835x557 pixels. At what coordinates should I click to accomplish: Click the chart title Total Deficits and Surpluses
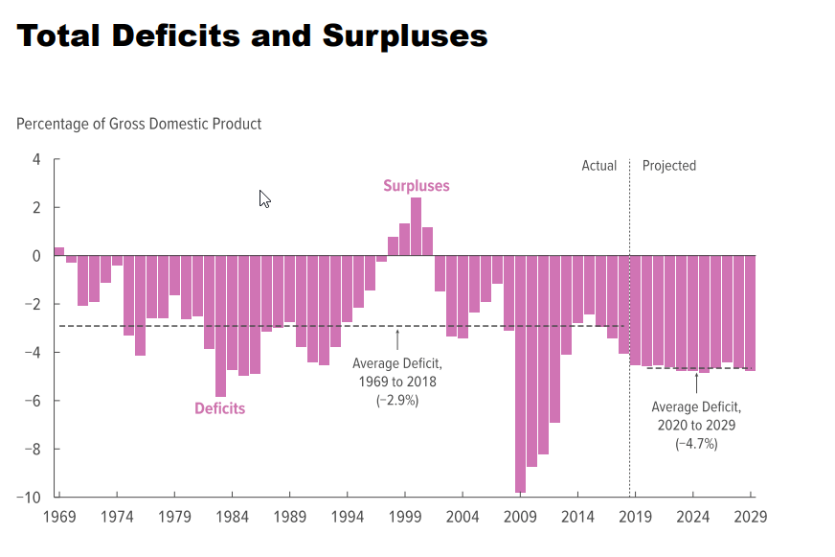(253, 36)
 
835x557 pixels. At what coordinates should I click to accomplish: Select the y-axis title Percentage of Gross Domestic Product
(139, 124)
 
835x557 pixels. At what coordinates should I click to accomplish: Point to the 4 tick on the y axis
(35, 159)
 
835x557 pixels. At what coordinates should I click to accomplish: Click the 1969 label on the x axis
(58, 517)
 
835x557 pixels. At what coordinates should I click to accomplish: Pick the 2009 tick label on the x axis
(520, 517)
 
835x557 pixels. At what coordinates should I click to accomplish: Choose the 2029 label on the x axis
(750, 517)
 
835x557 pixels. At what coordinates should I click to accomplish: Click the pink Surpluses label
(416, 186)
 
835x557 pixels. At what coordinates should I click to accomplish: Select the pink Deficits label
(219, 408)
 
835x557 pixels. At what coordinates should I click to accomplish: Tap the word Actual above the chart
(599, 166)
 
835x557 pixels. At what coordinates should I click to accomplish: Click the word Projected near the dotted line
(668, 166)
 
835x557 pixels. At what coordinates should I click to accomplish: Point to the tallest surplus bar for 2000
(416, 226)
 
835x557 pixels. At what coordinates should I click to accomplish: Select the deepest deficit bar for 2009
(520, 374)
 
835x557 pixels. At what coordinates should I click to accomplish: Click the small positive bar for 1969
(59, 251)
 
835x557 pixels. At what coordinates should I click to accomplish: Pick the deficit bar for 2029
(750, 313)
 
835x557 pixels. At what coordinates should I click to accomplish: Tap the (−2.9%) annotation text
(397, 400)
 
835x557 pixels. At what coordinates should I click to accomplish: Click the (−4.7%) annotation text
(696, 444)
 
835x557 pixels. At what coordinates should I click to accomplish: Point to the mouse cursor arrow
(263, 197)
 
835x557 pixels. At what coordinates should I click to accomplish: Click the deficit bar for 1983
(220, 326)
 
